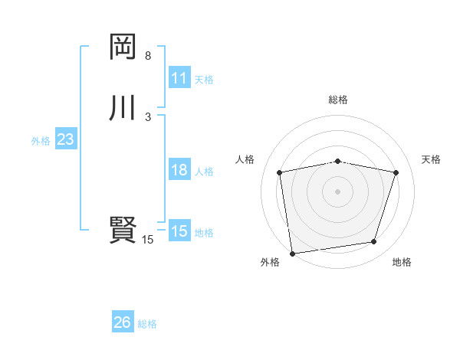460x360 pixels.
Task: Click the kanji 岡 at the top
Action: pyautogui.click(x=122, y=47)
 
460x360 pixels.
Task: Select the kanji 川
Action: pyautogui.click(x=122, y=107)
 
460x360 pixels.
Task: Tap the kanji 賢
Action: pyautogui.click(x=122, y=229)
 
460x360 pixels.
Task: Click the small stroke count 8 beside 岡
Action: pyautogui.click(x=148, y=57)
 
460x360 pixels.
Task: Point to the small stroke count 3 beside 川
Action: pyautogui.click(x=148, y=116)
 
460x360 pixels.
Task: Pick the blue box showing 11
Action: pyautogui.click(x=179, y=78)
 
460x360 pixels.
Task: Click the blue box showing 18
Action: pyautogui.click(x=179, y=171)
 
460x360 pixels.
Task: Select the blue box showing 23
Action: pyautogui.click(x=65, y=140)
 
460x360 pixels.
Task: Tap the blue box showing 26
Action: pyautogui.click(x=123, y=322)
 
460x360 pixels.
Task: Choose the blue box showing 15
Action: pyautogui.click(x=179, y=231)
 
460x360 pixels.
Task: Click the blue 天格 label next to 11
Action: pyautogui.click(x=204, y=80)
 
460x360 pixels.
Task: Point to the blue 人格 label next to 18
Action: pyautogui.click(x=204, y=172)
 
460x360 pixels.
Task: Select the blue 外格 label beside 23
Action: pyautogui.click(x=41, y=141)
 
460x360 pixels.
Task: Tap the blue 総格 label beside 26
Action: pyautogui.click(x=147, y=324)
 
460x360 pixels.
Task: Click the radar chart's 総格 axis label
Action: pyautogui.click(x=338, y=100)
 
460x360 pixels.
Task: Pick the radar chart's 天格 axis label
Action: pyautogui.click(x=431, y=159)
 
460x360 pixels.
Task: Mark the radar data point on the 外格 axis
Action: pyautogui.click(x=292, y=252)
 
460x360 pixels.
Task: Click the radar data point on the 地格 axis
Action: pyautogui.click(x=374, y=242)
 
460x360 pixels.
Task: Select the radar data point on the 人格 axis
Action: pyautogui.click(x=280, y=172)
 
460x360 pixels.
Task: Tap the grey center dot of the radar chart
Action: pyautogui.click(x=337, y=191)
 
